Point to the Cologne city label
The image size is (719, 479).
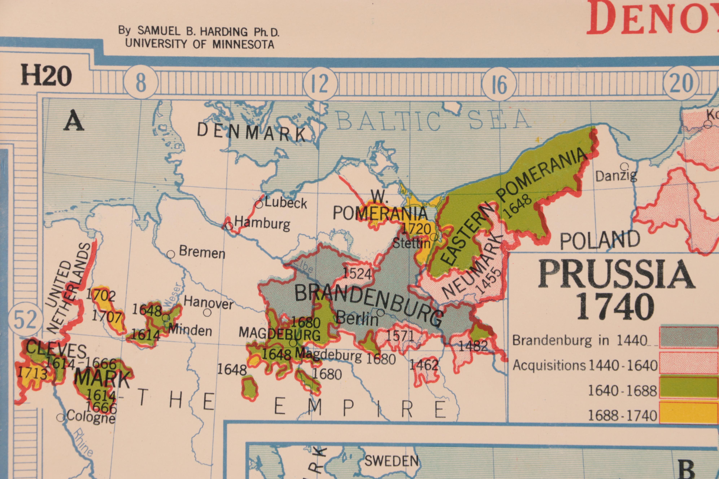(91, 417)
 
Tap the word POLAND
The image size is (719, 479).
(600, 240)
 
